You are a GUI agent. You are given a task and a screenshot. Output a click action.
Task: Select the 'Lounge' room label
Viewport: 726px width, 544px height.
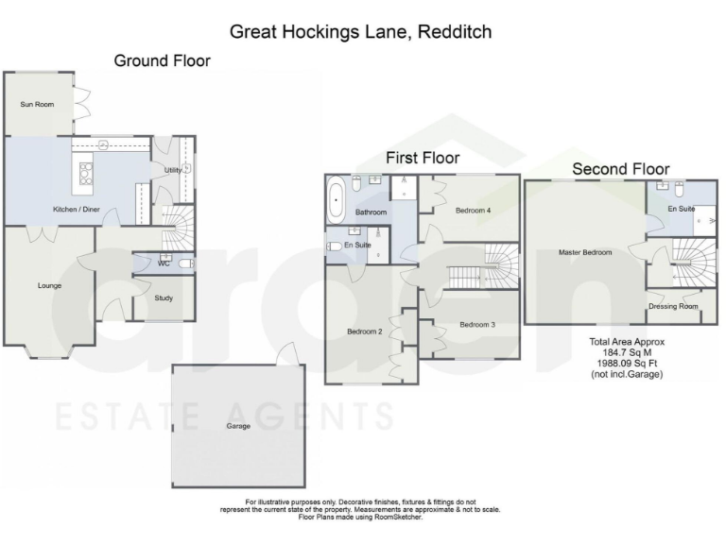pyautogui.click(x=49, y=285)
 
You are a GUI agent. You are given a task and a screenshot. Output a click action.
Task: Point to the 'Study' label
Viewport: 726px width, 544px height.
pyautogui.click(x=164, y=298)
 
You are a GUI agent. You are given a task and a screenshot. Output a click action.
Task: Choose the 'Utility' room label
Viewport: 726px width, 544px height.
pyautogui.click(x=172, y=170)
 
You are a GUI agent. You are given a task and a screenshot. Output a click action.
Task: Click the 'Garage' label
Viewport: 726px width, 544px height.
pyautogui.click(x=238, y=426)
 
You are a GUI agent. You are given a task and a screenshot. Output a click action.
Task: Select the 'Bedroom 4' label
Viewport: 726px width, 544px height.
pyautogui.click(x=473, y=211)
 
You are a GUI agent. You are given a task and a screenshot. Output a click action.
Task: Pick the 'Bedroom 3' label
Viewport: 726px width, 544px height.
pyautogui.click(x=477, y=325)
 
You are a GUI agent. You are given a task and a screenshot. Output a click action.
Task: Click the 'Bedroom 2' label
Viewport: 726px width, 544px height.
pyautogui.click(x=364, y=331)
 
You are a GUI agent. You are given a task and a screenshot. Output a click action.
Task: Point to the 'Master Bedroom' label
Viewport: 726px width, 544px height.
pyautogui.click(x=584, y=252)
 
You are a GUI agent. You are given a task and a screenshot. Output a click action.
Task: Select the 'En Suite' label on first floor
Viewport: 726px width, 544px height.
pyautogui.click(x=357, y=246)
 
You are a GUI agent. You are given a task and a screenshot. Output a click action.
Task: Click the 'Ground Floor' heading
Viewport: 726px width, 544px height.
pyautogui.click(x=162, y=60)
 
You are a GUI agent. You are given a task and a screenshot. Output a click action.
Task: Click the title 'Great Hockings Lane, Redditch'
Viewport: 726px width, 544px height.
pyautogui.click(x=361, y=32)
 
